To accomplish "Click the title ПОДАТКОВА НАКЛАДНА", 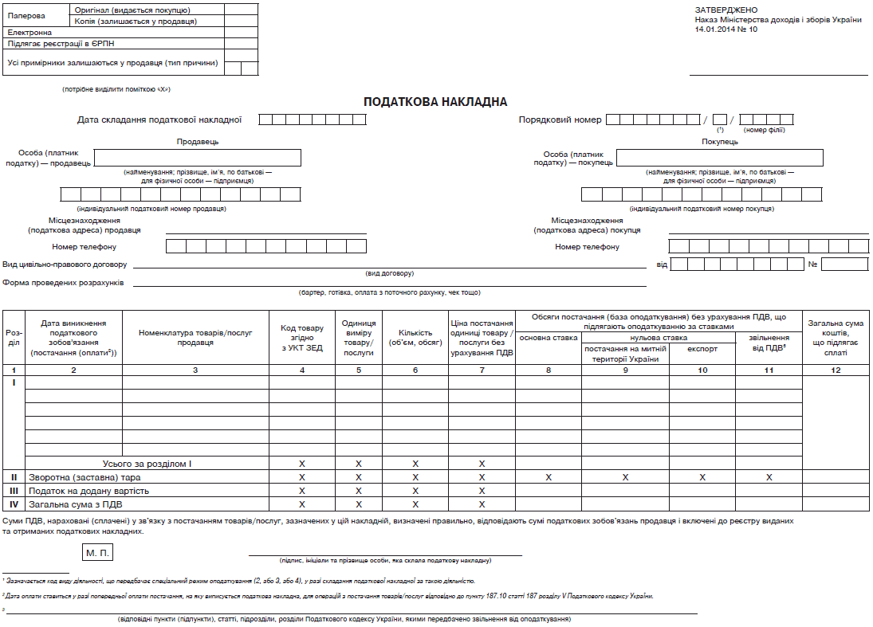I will pyautogui.click(x=435, y=102).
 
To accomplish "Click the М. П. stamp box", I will pyautogui.click(x=97, y=552).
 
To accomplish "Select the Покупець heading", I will pyautogui.click(x=720, y=142).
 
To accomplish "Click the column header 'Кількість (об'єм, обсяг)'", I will pyautogui.click(x=415, y=338).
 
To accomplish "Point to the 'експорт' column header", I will pyautogui.click(x=702, y=348).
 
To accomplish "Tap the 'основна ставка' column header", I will pyautogui.click(x=548, y=338).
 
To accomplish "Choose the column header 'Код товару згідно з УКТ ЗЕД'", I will pyautogui.click(x=302, y=338).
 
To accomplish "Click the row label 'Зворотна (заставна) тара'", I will pyautogui.click(x=79, y=477).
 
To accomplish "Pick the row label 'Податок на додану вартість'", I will pyautogui.click(x=88, y=491).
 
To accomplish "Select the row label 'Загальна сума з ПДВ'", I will pyautogui.click(x=76, y=504).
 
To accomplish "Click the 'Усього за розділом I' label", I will pyautogui.click(x=147, y=463).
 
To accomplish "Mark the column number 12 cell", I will pyautogui.click(x=835, y=370).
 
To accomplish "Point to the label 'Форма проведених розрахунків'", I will pyautogui.click(x=63, y=283).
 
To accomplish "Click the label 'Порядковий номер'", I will pyautogui.click(x=560, y=120).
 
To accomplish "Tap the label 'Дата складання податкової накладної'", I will pyautogui.click(x=159, y=120).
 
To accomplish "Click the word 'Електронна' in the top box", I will pyautogui.click(x=29, y=32).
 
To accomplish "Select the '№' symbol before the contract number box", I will pyautogui.click(x=813, y=264).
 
